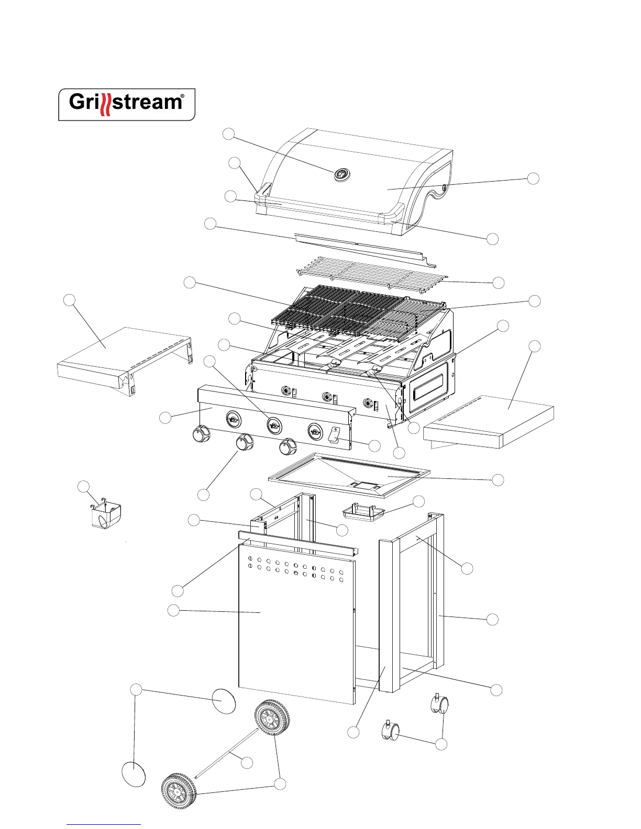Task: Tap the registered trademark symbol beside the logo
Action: coord(182,97)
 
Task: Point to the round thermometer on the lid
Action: coord(341,175)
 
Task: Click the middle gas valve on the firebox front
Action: coord(327,396)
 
